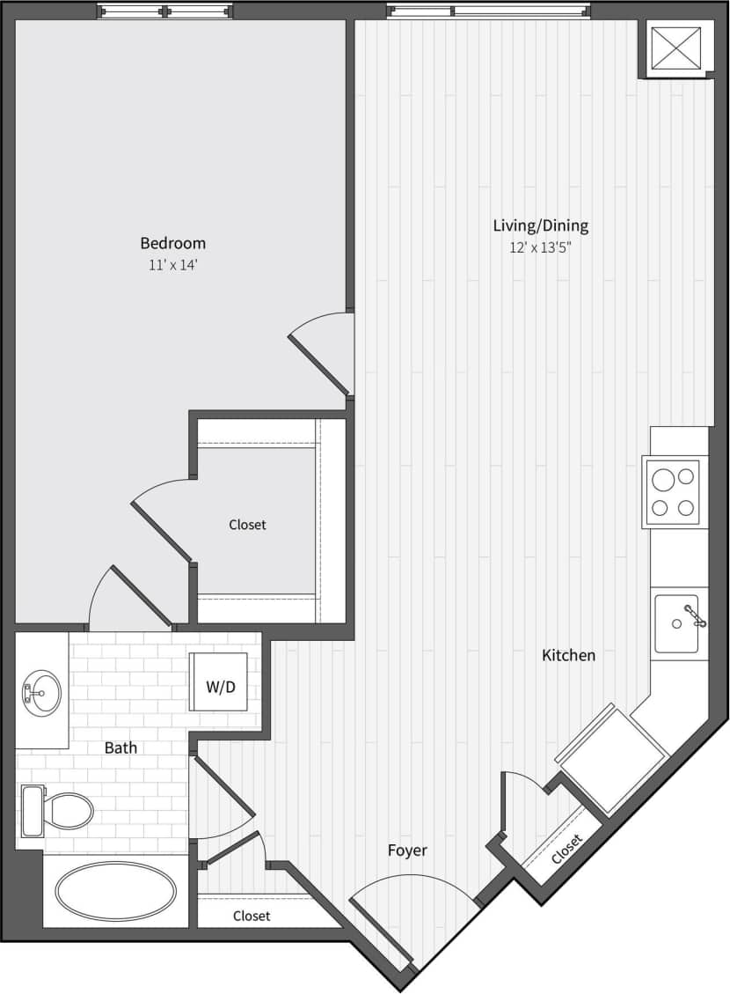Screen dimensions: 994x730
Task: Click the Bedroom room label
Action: [172, 243]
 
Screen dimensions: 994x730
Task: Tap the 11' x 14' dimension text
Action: [172, 265]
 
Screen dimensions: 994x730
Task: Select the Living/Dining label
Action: [540, 225]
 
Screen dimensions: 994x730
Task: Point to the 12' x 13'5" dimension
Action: [540, 247]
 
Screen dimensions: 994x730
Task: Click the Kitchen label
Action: [568, 655]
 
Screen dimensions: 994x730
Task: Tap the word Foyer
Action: [407, 850]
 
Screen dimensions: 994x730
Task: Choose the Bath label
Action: [120, 747]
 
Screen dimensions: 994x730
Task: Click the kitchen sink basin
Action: [676, 623]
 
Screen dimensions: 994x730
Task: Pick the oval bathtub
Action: [115, 891]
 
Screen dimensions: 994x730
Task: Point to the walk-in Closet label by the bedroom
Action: [247, 525]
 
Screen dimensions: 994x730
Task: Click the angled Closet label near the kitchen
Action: [566, 849]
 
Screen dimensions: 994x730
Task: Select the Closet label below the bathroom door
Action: [252, 916]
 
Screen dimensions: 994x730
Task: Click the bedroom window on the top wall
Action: [165, 11]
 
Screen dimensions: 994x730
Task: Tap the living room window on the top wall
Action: [488, 11]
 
